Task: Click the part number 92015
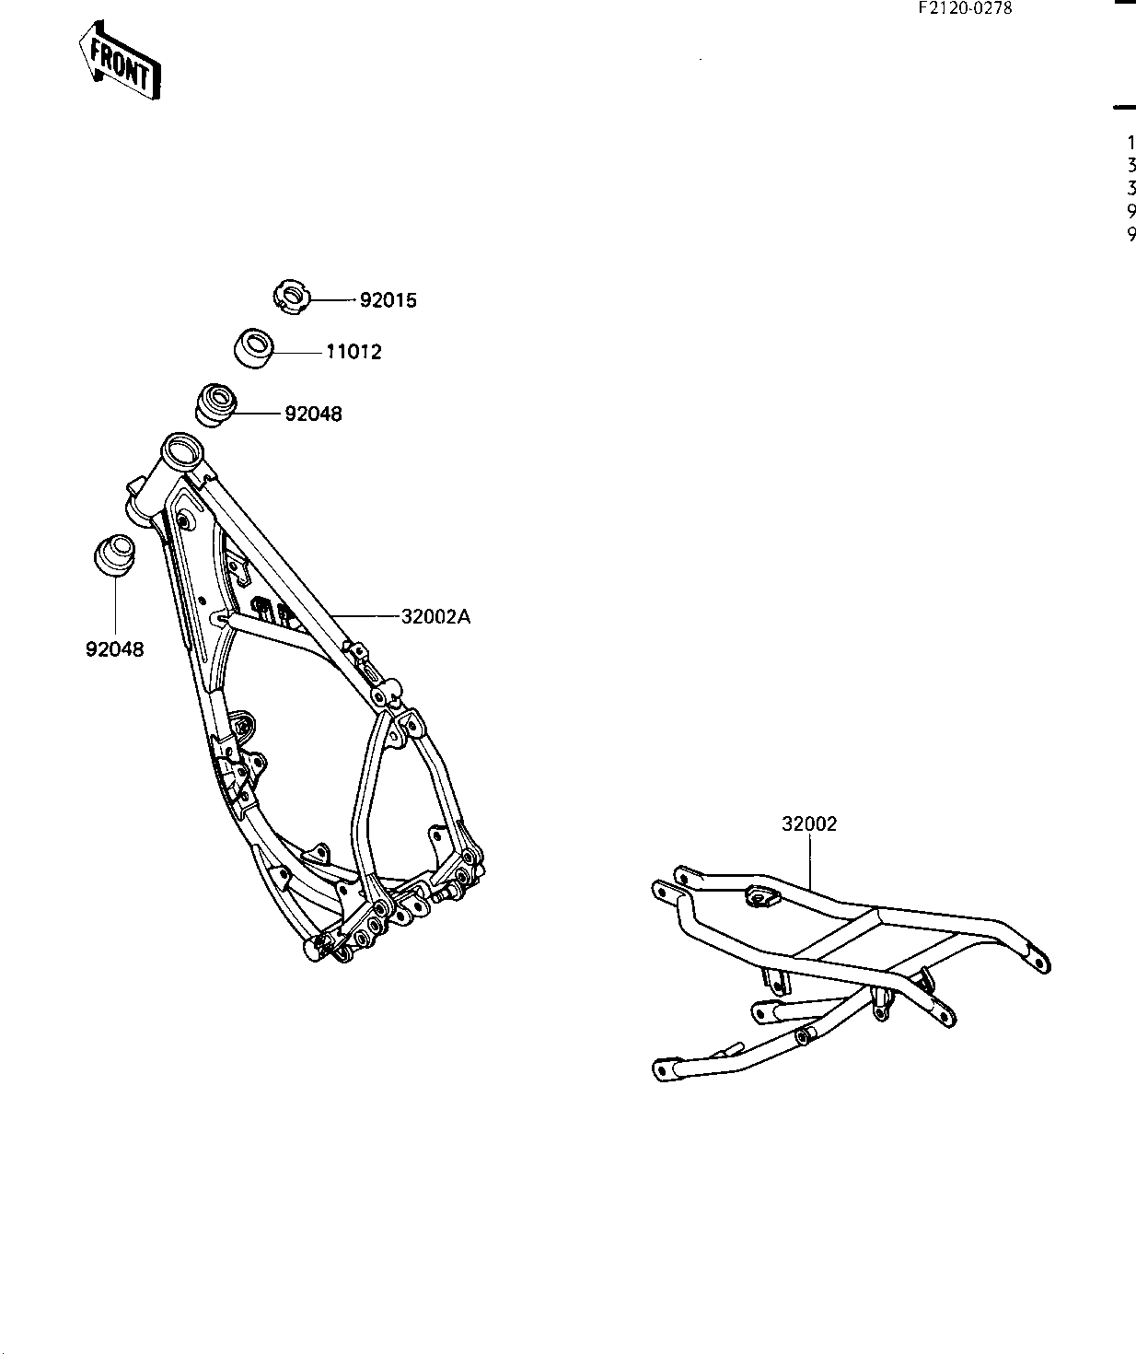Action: tap(388, 300)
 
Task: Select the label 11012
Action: tap(353, 352)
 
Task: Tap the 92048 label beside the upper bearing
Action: tap(313, 414)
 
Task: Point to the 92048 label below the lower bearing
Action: tap(115, 648)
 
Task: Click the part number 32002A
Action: tap(435, 617)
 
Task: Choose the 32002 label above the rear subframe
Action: tap(809, 824)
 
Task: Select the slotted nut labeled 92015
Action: tap(293, 298)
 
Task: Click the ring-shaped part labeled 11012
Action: tap(252, 347)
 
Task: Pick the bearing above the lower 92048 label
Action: tap(115, 555)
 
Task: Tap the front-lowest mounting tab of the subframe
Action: tap(663, 1068)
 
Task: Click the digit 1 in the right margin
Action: tap(1130, 143)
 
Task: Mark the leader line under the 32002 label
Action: tap(810, 861)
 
